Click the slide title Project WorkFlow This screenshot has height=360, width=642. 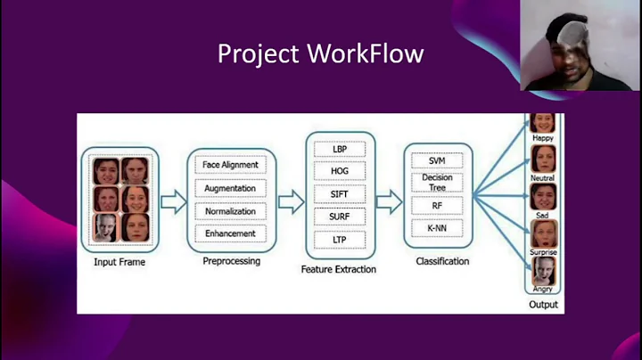321,54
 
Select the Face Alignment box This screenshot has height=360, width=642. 231,165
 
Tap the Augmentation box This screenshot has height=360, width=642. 231,188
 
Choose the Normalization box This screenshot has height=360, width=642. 231,211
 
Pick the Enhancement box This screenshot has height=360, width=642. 231,233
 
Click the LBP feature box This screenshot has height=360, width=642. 340,149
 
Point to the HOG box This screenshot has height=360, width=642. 340,171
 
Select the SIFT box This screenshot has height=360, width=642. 340,194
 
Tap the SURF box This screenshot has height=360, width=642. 340,217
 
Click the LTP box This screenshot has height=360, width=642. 340,240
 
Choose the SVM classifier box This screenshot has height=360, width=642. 437,160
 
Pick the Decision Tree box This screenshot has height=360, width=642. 437,183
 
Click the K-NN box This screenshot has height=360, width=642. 437,228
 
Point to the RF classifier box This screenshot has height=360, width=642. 437,205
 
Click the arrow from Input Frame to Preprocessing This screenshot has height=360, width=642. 173,201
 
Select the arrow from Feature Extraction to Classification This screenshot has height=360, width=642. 389,201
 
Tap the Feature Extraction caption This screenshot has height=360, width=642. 339,269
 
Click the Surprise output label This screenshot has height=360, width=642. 543,252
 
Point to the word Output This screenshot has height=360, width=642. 543,305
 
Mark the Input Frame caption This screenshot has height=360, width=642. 119,262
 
